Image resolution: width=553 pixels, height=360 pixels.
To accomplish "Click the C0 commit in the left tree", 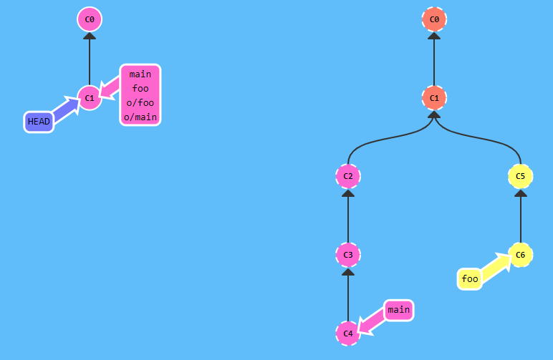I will tap(90, 19).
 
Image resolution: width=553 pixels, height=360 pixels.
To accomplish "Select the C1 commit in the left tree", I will tap(90, 97).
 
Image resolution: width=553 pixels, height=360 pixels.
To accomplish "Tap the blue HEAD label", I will tap(39, 122).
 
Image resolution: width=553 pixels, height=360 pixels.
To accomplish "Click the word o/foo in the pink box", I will tap(140, 102).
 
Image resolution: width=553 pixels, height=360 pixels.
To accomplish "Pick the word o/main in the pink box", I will tap(140, 117).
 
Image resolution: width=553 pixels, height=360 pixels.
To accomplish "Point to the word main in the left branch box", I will tap(140, 74).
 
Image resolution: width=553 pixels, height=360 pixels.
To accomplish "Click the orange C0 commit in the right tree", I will tap(434, 19).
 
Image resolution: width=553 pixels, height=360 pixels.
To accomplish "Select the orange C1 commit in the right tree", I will tap(434, 97).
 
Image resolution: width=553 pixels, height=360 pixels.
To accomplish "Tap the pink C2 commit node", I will tap(347, 176).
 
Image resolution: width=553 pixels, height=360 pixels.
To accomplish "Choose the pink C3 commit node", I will tap(347, 255).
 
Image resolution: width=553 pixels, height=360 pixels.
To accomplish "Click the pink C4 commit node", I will tap(347, 334).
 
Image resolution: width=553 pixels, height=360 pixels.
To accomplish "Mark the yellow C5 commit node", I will tap(521, 176).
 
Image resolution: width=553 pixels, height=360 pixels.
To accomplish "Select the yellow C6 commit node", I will tap(521, 255).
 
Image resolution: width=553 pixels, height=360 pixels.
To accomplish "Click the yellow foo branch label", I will tap(470, 279).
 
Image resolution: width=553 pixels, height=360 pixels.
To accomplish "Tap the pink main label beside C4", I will tap(398, 310).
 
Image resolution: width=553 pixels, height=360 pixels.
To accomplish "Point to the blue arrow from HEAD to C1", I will tap(66, 110).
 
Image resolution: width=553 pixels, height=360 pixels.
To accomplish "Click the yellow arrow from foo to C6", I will tap(495, 267).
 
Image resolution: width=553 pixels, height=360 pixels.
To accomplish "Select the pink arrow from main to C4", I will tap(372, 322).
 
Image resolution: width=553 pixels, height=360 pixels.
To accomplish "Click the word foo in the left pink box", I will tap(140, 88).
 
